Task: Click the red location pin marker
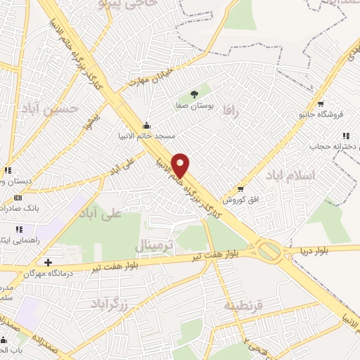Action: pyautogui.click(x=181, y=165)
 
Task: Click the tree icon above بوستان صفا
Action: pyautogui.click(x=195, y=94)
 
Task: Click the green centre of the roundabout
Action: pyautogui.click(x=269, y=250)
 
